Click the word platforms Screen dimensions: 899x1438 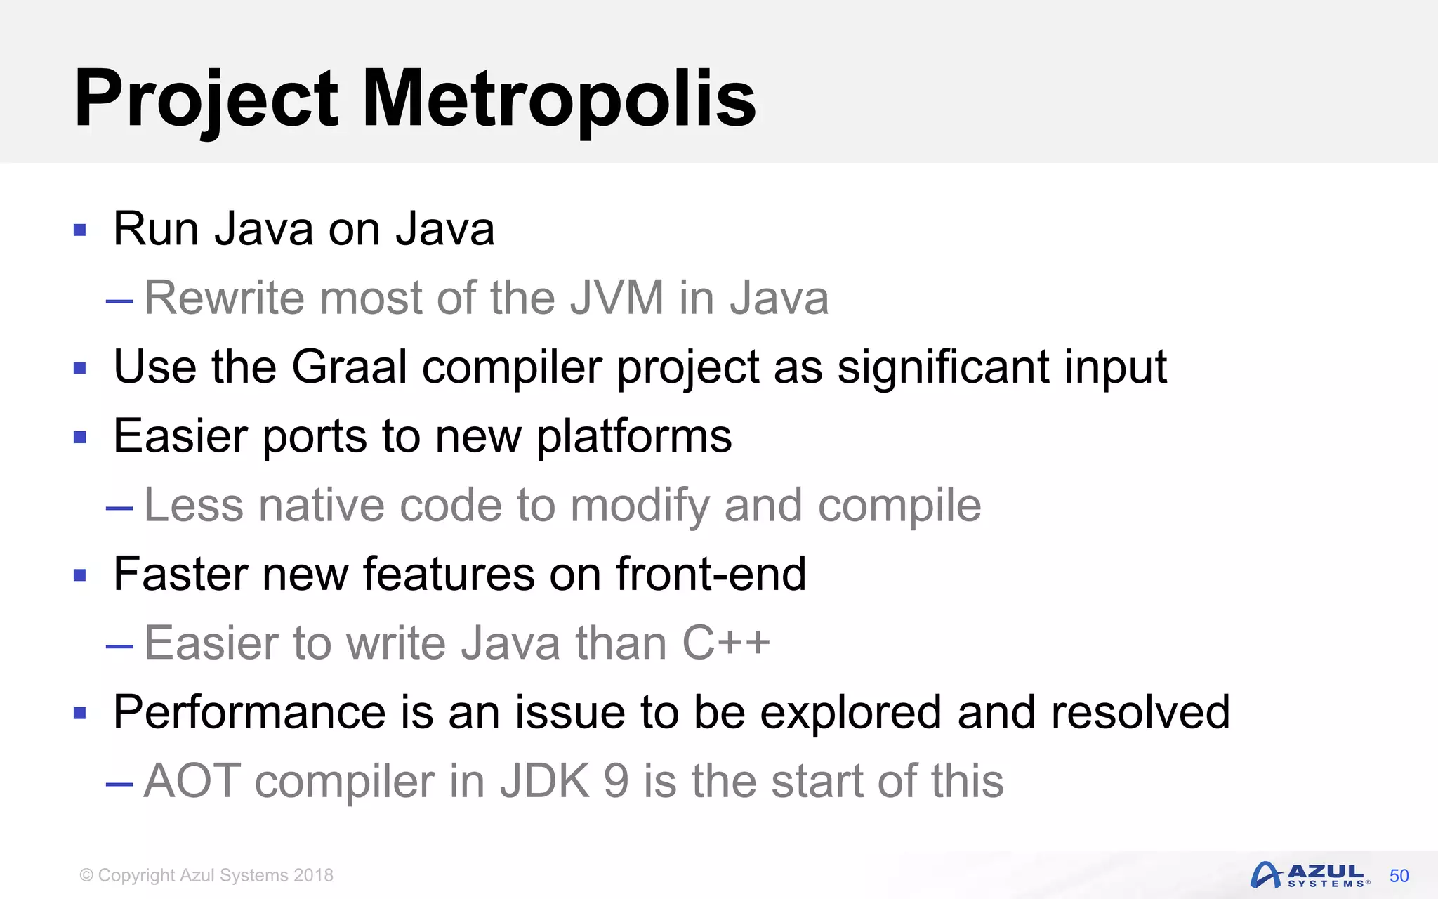coord(634,437)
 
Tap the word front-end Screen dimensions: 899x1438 coord(711,575)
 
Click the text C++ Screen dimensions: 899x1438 coord(726,643)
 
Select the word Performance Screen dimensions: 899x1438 coord(249,712)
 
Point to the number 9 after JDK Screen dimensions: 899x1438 coord(616,781)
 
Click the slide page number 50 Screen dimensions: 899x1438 coord(1399,876)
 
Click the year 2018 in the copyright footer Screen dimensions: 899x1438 coord(313,875)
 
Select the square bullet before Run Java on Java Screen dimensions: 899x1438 coord(79,230)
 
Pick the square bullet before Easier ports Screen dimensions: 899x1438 coord(79,438)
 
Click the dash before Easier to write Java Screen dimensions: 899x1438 coord(119,645)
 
